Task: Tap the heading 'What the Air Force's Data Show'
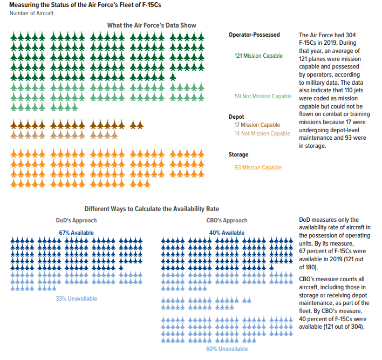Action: tap(151, 25)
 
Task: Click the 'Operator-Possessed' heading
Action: tap(254, 35)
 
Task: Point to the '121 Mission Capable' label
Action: tap(258, 56)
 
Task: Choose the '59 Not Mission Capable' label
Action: tap(263, 97)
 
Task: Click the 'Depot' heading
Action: tap(236, 117)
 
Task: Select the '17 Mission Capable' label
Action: tap(257, 125)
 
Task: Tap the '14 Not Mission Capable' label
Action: tap(262, 133)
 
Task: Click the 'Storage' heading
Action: tap(238, 155)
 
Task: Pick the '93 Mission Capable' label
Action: tap(258, 167)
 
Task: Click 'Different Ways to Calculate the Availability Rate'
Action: tap(152, 209)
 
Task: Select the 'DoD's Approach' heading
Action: tap(76, 220)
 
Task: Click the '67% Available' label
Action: tap(76, 233)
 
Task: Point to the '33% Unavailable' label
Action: tap(76, 298)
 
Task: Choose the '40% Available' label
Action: tap(227, 233)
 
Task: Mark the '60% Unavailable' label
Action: tap(227, 349)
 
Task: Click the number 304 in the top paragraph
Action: tap(364, 35)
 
